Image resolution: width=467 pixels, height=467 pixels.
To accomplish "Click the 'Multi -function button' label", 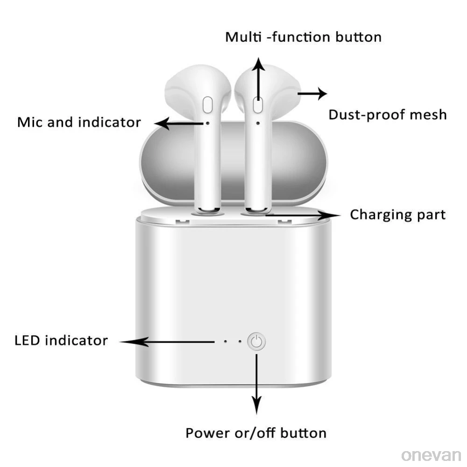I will click(303, 37).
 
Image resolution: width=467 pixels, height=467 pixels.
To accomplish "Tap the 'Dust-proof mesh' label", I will click(387, 114).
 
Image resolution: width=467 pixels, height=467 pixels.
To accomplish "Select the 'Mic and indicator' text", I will click(79, 122).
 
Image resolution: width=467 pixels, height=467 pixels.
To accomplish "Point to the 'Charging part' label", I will click(397, 215).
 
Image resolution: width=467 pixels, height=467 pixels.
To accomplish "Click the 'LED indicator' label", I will click(61, 340).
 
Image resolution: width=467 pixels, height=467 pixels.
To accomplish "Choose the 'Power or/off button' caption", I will click(256, 433).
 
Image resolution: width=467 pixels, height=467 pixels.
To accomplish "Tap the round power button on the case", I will click(256, 342).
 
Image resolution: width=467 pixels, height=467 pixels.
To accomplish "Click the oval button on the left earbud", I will click(208, 104).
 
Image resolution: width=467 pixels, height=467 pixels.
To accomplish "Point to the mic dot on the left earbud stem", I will click(207, 123).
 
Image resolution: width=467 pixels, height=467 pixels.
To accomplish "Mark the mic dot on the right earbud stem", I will click(258, 123).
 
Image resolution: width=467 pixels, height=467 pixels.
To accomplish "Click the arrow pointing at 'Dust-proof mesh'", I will click(312, 93).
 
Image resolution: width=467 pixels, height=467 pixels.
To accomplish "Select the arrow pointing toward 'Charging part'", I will click(304, 215).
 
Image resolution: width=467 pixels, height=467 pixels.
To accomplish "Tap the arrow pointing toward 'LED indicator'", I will click(168, 342).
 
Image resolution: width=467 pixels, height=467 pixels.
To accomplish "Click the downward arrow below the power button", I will click(256, 383).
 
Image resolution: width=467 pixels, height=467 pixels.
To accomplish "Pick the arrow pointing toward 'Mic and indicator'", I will click(180, 123).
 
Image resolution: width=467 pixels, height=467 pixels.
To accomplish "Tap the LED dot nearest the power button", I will click(240, 341).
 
